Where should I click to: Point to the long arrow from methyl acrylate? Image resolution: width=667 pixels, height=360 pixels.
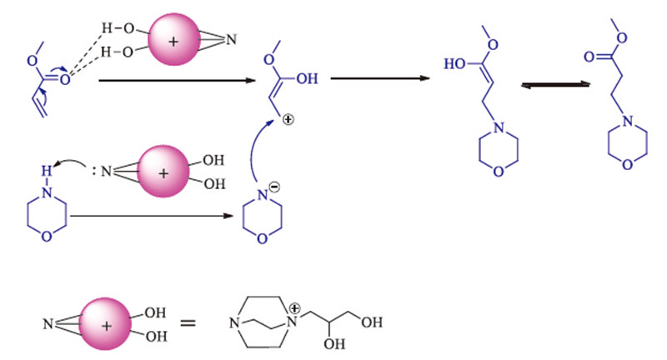coord(175,81)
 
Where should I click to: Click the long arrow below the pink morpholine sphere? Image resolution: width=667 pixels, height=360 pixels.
coord(150,218)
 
